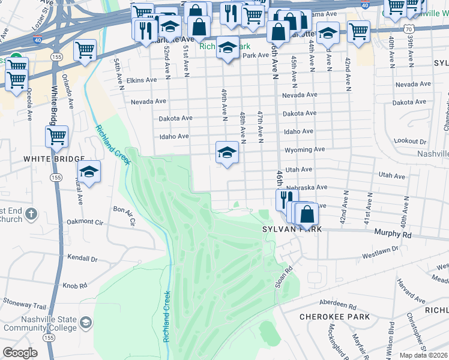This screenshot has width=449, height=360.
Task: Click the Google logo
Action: (19, 353)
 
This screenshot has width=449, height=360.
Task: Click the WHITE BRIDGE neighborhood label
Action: (54, 159)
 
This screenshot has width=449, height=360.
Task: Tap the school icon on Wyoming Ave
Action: (227, 152)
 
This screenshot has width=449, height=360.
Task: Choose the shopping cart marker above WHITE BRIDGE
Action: (56, 136)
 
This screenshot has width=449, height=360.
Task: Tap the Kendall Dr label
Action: (83, 259)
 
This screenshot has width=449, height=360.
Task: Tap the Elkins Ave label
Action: (142, 80)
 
